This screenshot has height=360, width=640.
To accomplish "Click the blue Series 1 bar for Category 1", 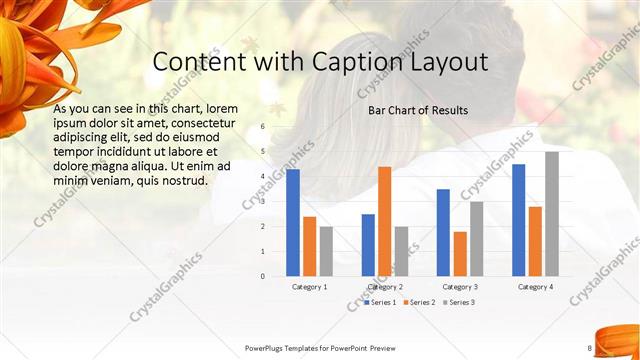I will (x=293, y=223).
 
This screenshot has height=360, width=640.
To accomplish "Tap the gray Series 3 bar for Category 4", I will (x=551, y=214).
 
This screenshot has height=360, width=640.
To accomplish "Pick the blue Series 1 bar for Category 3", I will (x=443, y=233).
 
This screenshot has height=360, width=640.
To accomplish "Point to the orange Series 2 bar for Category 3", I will (x=459, y=254).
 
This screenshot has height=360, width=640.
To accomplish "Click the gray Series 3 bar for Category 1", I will (x=326, y=251).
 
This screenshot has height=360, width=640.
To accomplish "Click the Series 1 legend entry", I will (x=382, y=302).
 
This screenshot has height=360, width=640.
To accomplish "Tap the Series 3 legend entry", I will (x=460, y=302).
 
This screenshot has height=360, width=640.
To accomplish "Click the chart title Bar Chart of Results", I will (x=418, y=109).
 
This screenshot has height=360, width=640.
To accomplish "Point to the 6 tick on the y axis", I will (x=262, y=127).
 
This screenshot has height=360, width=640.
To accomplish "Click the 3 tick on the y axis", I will (x=262, y=202).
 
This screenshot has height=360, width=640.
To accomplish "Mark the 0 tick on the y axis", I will (x=262, y=276).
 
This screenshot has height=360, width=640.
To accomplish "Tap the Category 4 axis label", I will (x=535, y=287).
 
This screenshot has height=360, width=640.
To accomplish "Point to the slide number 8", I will (x=590, y=348).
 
